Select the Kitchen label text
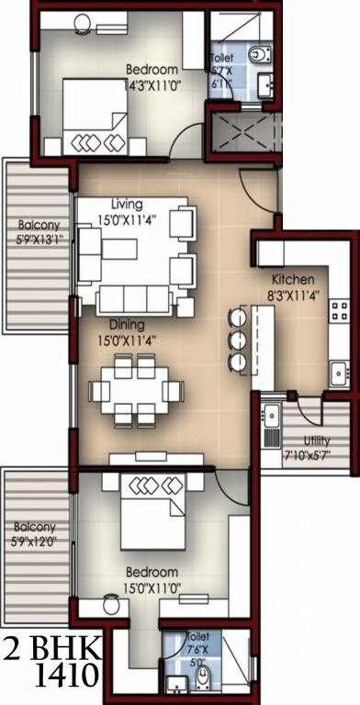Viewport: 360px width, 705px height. point(294,279)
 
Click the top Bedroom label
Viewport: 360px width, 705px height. point(152,69)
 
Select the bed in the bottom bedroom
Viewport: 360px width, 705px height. point(152,510)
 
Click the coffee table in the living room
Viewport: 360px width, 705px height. point(119,250)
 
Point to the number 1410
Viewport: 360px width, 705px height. point(68,677)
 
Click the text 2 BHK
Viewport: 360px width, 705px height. point(52,647)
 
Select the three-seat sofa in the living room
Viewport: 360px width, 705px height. point(135,299)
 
